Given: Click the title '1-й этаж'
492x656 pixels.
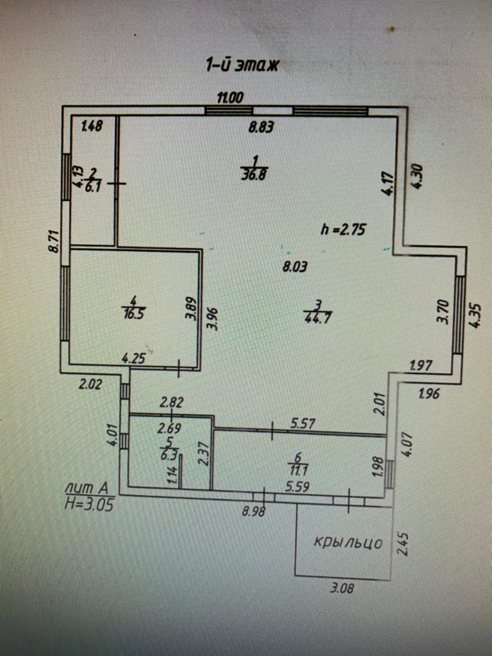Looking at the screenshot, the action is [x=242, y=65].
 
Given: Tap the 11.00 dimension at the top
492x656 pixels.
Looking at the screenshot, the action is [x=229, y=98].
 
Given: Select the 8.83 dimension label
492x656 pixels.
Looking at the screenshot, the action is [x=261, y=127].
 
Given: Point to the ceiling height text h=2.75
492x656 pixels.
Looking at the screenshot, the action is [x=343, y=229].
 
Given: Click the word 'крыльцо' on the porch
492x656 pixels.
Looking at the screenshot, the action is [x=348, y=543].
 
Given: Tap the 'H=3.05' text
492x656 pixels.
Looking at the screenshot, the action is [x=90, y=504].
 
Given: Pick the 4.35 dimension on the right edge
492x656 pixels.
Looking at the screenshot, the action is [x=475, y=315].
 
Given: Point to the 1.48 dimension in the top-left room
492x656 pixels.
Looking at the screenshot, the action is [x=92, y=126].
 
